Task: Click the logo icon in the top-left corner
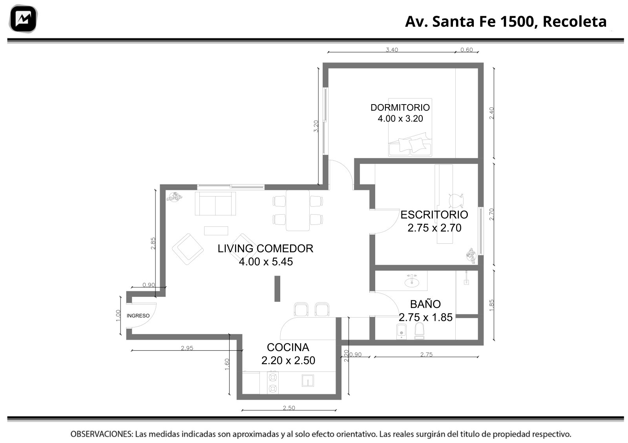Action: [23, 19]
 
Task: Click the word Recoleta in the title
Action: [575, 22]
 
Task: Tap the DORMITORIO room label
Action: [400, 108]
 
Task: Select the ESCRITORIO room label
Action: [434, 215]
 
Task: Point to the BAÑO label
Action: [425, 304]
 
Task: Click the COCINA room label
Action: [288, 347]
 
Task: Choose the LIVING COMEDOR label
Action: [265, 248]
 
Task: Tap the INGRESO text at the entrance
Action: [138, 316]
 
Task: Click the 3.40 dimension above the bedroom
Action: [392, 50]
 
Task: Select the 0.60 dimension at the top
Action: [467, 50]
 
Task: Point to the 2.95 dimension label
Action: [187, 348]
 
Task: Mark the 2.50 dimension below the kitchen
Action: [289, 408]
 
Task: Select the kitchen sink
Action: [308, 381]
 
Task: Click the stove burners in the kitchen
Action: [272, 382]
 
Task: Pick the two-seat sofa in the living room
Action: [215, 204]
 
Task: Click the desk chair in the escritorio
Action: [456, 200]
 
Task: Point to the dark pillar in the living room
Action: [277, 289]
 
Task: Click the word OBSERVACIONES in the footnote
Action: [102, 434]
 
